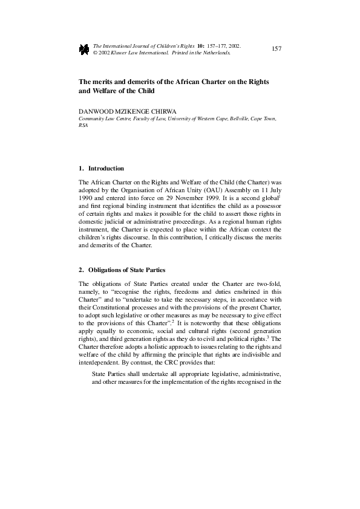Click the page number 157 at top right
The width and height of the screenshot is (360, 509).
click(x=277, y=48)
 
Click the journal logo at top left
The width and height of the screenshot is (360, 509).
click(x=84, y=49)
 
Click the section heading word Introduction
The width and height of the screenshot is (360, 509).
click(x=106, y=168)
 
